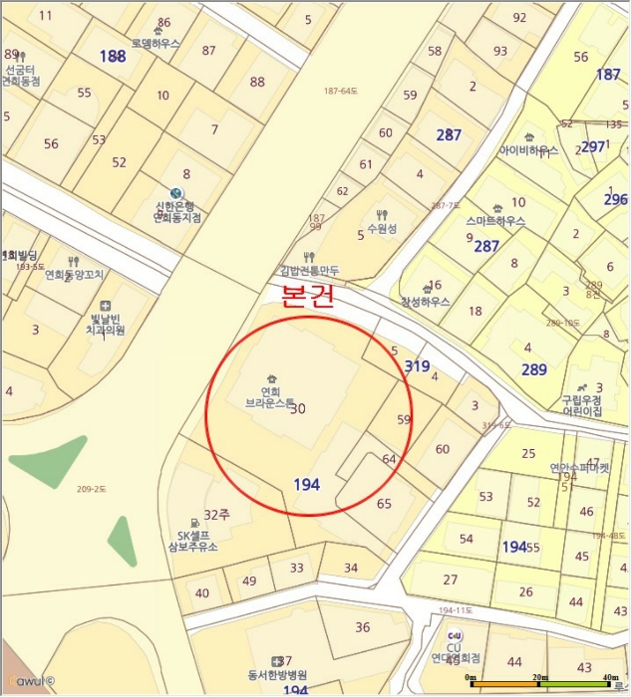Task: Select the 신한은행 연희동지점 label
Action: tap(177, 212)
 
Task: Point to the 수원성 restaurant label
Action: tap(382, 228)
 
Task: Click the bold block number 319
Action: tap(417, 366)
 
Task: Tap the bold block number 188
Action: tap(113, 57)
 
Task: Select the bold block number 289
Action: tap(534, 369)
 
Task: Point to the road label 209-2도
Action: tap(91, 489)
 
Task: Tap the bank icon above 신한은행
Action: tap(176, 193)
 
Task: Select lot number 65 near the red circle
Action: tap(384, 503)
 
